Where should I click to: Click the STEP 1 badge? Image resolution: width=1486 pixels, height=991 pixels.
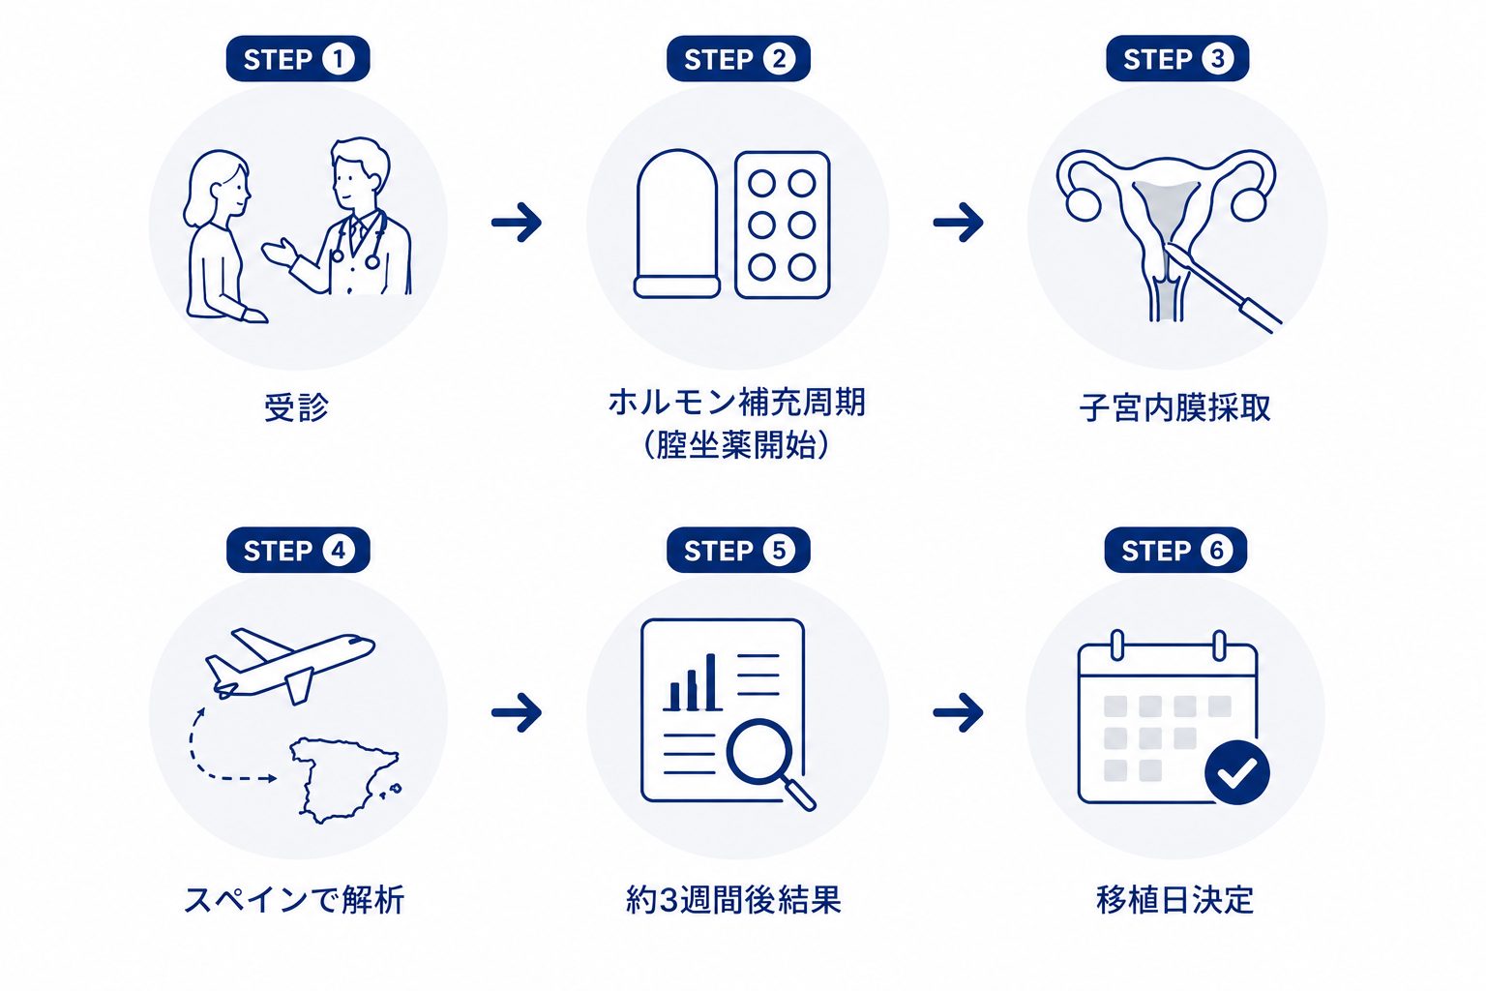(298, 59)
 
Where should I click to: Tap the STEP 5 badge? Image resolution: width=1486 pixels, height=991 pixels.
(738, 551)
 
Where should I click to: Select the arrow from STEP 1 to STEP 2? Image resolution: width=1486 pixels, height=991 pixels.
(517, 223)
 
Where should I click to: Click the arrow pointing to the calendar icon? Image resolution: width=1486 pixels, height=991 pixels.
(959, 713)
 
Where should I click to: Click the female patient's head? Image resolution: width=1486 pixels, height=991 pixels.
(217, 189)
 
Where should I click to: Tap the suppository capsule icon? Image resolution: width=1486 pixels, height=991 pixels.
(677, 224)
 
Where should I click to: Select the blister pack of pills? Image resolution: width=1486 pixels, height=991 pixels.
(783, 225)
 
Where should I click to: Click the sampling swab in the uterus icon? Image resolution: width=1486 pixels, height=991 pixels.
(1223, 287)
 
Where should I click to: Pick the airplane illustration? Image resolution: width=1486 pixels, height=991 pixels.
(290, 666)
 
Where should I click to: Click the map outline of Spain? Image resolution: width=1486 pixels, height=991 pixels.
(345, 780)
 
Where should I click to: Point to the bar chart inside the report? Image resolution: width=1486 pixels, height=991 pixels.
(693, 683)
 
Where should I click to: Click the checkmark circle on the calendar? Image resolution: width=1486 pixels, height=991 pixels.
(1237, 772)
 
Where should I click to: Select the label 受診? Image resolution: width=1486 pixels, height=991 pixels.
(297, 406)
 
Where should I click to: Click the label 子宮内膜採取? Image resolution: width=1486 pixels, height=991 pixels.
(1174, 407)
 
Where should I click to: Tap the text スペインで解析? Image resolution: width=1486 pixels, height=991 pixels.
(294, 900)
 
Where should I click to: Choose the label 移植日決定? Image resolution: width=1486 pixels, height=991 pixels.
(1174, 900)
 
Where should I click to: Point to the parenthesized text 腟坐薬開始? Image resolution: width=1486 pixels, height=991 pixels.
(737, 445)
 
